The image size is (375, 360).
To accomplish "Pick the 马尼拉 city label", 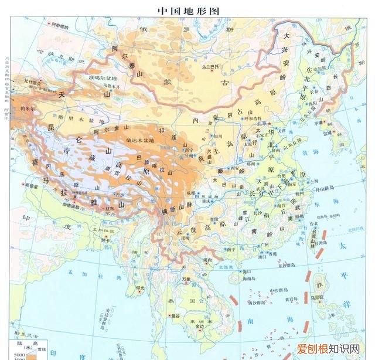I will pyautogui.click(x=317, y=297).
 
